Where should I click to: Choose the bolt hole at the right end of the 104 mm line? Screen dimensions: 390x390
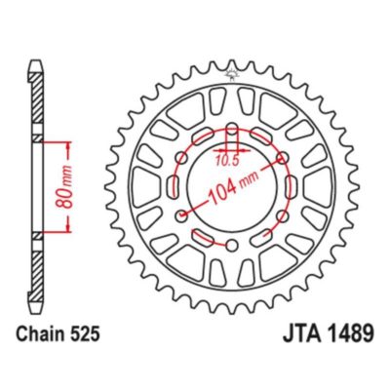click(x=283, y=157)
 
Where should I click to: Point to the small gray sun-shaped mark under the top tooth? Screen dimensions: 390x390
click(x=232, y=70)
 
